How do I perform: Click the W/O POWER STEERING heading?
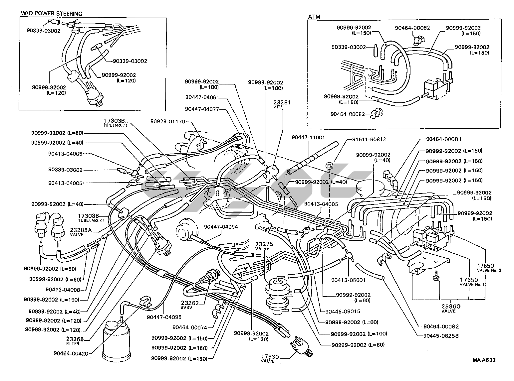point(51,14)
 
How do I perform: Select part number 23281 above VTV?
point(282,103)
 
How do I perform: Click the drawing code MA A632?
point(484,360)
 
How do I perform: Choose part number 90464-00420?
point(71,353)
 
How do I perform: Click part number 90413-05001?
point(348,280)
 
